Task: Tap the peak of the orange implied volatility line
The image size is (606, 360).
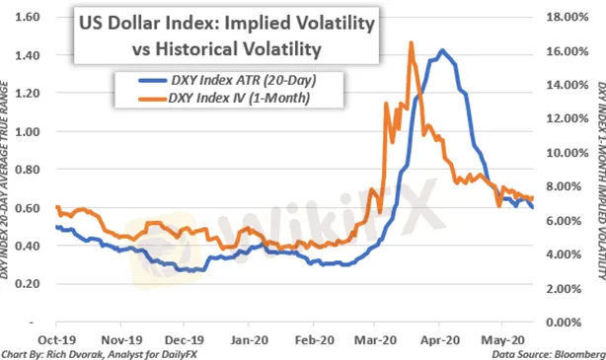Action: tap(410, 43)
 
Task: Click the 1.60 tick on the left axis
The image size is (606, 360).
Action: tap(29, 18)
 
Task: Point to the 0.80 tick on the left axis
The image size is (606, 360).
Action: tap(29, 170)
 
